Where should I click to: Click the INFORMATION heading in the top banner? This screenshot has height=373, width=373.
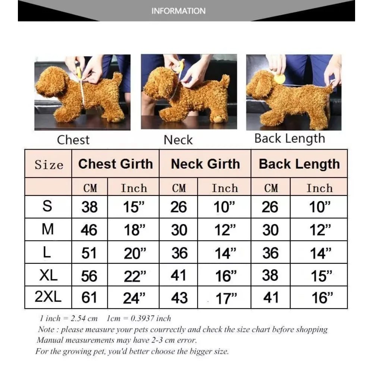click(178, 11)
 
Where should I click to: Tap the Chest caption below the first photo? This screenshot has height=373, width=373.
click(73, 140)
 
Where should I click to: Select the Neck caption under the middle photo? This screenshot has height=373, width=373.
click(178, 140)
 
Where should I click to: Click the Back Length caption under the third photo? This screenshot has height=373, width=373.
click(290, 138)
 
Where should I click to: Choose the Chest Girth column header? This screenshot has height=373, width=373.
click(116, 164)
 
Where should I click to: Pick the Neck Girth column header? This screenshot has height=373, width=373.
click(205, 164)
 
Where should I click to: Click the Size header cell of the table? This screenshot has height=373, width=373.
click(49, 164)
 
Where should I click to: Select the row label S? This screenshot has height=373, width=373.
click(47, 206)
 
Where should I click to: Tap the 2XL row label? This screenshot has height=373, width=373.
click(47, 297)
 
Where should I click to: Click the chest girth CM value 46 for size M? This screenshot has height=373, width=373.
click(90, 230)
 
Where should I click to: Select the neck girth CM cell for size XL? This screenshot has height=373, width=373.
click(179, 276)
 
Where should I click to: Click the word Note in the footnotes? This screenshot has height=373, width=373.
click(47, 330)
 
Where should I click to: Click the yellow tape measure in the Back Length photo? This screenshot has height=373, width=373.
click(280, 78)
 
